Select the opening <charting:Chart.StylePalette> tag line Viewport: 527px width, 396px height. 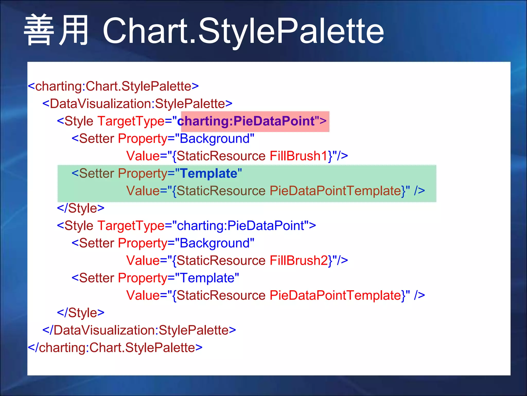113,86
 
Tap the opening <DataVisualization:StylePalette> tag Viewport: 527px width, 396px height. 137,104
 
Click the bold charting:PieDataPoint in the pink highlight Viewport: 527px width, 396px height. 246,121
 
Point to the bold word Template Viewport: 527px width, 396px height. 208,173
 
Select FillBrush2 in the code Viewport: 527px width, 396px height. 298,260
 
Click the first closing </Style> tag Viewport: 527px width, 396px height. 81,208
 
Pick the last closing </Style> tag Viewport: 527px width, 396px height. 81,313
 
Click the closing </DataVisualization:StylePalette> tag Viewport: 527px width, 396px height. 139,330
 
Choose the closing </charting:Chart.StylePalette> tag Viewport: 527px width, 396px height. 115,348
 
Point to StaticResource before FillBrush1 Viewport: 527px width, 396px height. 221,156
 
